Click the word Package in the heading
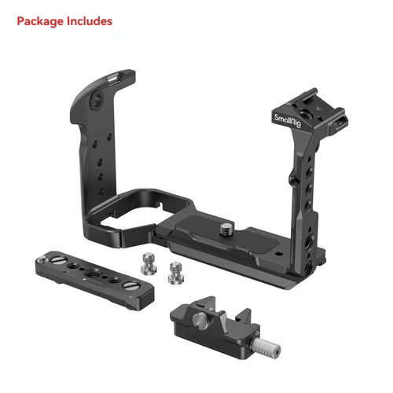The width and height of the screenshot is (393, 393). point(39,20)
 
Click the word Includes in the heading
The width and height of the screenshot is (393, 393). point(87,20)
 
